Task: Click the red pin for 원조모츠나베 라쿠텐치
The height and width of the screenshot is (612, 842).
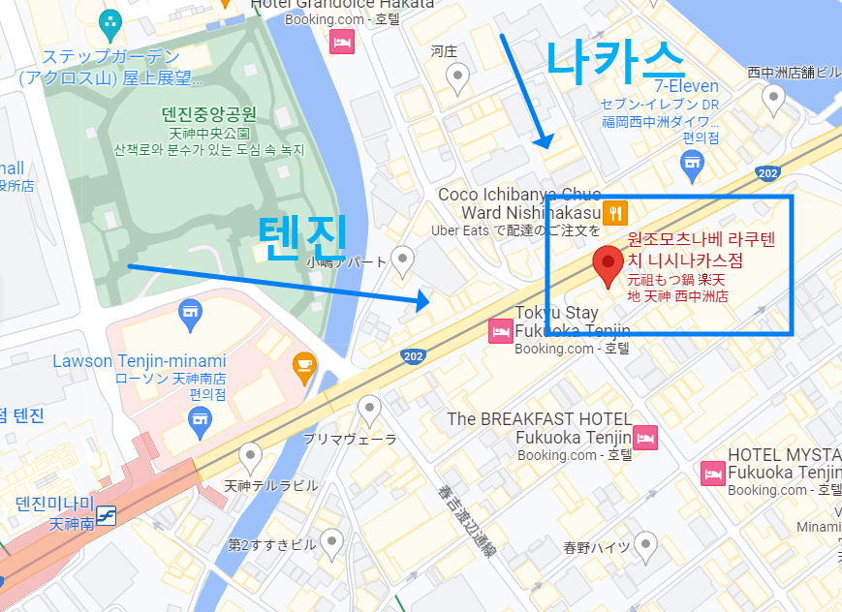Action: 608,264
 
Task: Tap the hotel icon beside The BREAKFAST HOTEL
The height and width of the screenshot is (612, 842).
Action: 645,438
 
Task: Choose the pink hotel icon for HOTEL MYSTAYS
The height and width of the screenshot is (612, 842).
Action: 712,473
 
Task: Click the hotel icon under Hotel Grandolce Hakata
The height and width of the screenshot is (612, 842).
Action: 341,42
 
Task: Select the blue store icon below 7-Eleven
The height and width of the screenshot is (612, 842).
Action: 691,166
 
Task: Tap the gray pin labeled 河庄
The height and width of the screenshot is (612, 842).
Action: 457,74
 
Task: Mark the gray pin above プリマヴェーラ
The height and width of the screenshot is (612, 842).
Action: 368,409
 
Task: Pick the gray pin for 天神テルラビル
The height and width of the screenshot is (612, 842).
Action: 251,455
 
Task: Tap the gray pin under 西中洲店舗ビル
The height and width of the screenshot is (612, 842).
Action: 773,97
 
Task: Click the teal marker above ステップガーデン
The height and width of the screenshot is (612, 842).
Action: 111,20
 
